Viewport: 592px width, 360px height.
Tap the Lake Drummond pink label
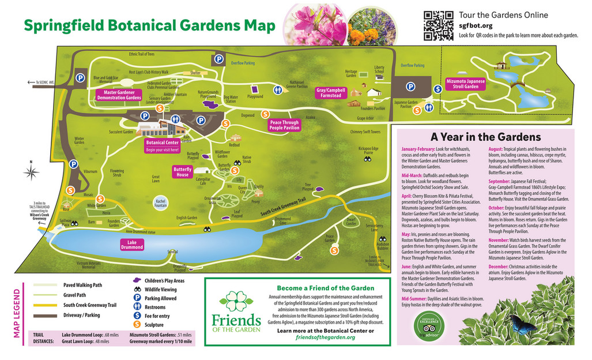click(132, 245)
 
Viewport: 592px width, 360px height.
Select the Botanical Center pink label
click(163, 145)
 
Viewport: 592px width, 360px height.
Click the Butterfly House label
click(183, 171)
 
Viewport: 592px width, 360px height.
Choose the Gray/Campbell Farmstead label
click(330, 93)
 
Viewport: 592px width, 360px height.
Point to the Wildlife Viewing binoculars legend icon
click(138, 290)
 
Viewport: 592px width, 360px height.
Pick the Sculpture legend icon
click(138, 325)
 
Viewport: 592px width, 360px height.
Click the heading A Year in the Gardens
click(485, 137)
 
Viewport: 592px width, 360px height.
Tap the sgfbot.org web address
click(476, 25)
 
